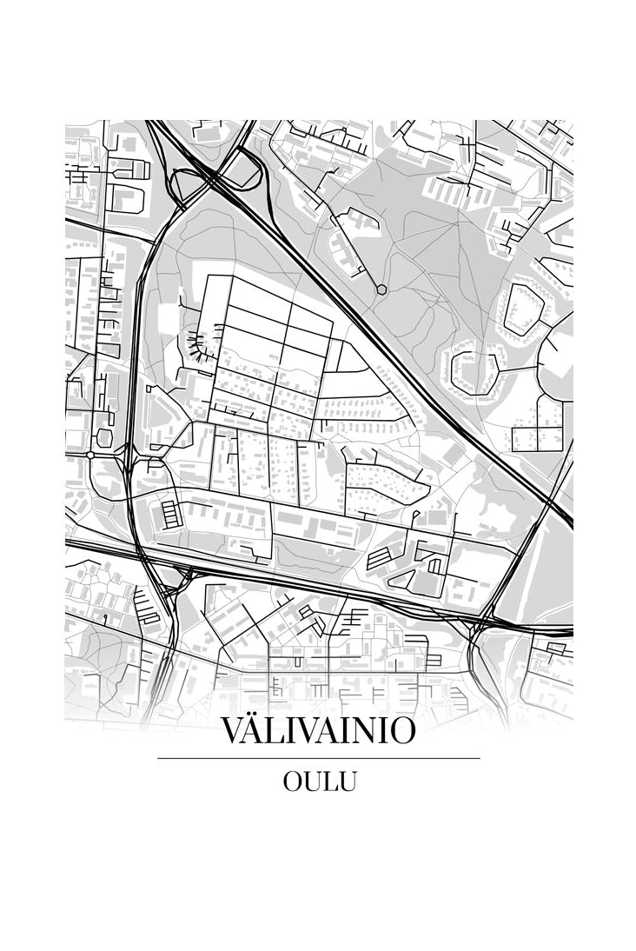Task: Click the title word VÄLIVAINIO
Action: (318, 729)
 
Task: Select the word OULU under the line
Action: (319, 781)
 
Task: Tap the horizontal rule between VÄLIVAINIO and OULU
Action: (318, 758)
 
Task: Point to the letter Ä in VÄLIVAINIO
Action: (258, 729)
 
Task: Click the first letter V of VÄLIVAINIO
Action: (234, 730)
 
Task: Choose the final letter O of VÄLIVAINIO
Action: (401, 730)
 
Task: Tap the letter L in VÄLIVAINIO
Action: (280, 730)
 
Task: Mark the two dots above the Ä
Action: (258, 715)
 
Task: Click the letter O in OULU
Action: (293, 781)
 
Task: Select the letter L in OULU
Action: (331, 781)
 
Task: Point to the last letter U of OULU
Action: (347, 781)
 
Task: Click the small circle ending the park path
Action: (381, 289)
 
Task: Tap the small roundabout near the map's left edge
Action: (90, 455)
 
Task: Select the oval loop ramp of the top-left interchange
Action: (185, 185)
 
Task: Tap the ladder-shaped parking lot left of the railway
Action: (169, 513)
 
